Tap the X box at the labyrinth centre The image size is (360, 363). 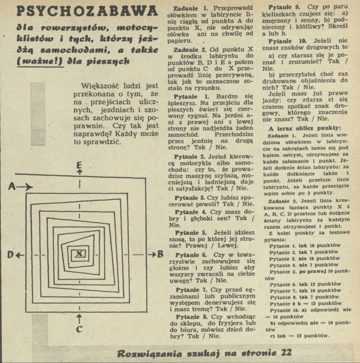pyautogui.click(x=79, y=254)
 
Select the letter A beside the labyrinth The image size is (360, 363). pyautogui.click(x=12, y=186)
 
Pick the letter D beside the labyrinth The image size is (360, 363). pyautogui.click(x=10, y=255)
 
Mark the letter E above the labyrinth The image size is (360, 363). pyautogui.click(x=80, y=164)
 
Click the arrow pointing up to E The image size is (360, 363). pyautogui.click(x=80, y=173)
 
